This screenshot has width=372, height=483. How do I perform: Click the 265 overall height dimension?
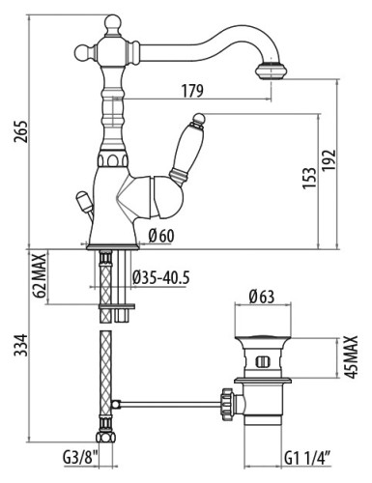(x=20, y=131)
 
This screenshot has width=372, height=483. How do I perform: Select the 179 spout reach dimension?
(x=192, y=91)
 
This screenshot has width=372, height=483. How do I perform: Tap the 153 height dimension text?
(x=309, y=178)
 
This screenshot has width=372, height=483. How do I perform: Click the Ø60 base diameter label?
(x=161, y=236)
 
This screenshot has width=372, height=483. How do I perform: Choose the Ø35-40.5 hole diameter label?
(x=161, y=277)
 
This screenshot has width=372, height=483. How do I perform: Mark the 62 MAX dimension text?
(x=40, y=276)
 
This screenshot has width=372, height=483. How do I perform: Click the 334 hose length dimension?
(x=21, y=345)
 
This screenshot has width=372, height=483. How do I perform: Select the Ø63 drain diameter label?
(x=262, y=297)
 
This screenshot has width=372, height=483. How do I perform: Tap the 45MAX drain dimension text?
(x=351, y=356)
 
